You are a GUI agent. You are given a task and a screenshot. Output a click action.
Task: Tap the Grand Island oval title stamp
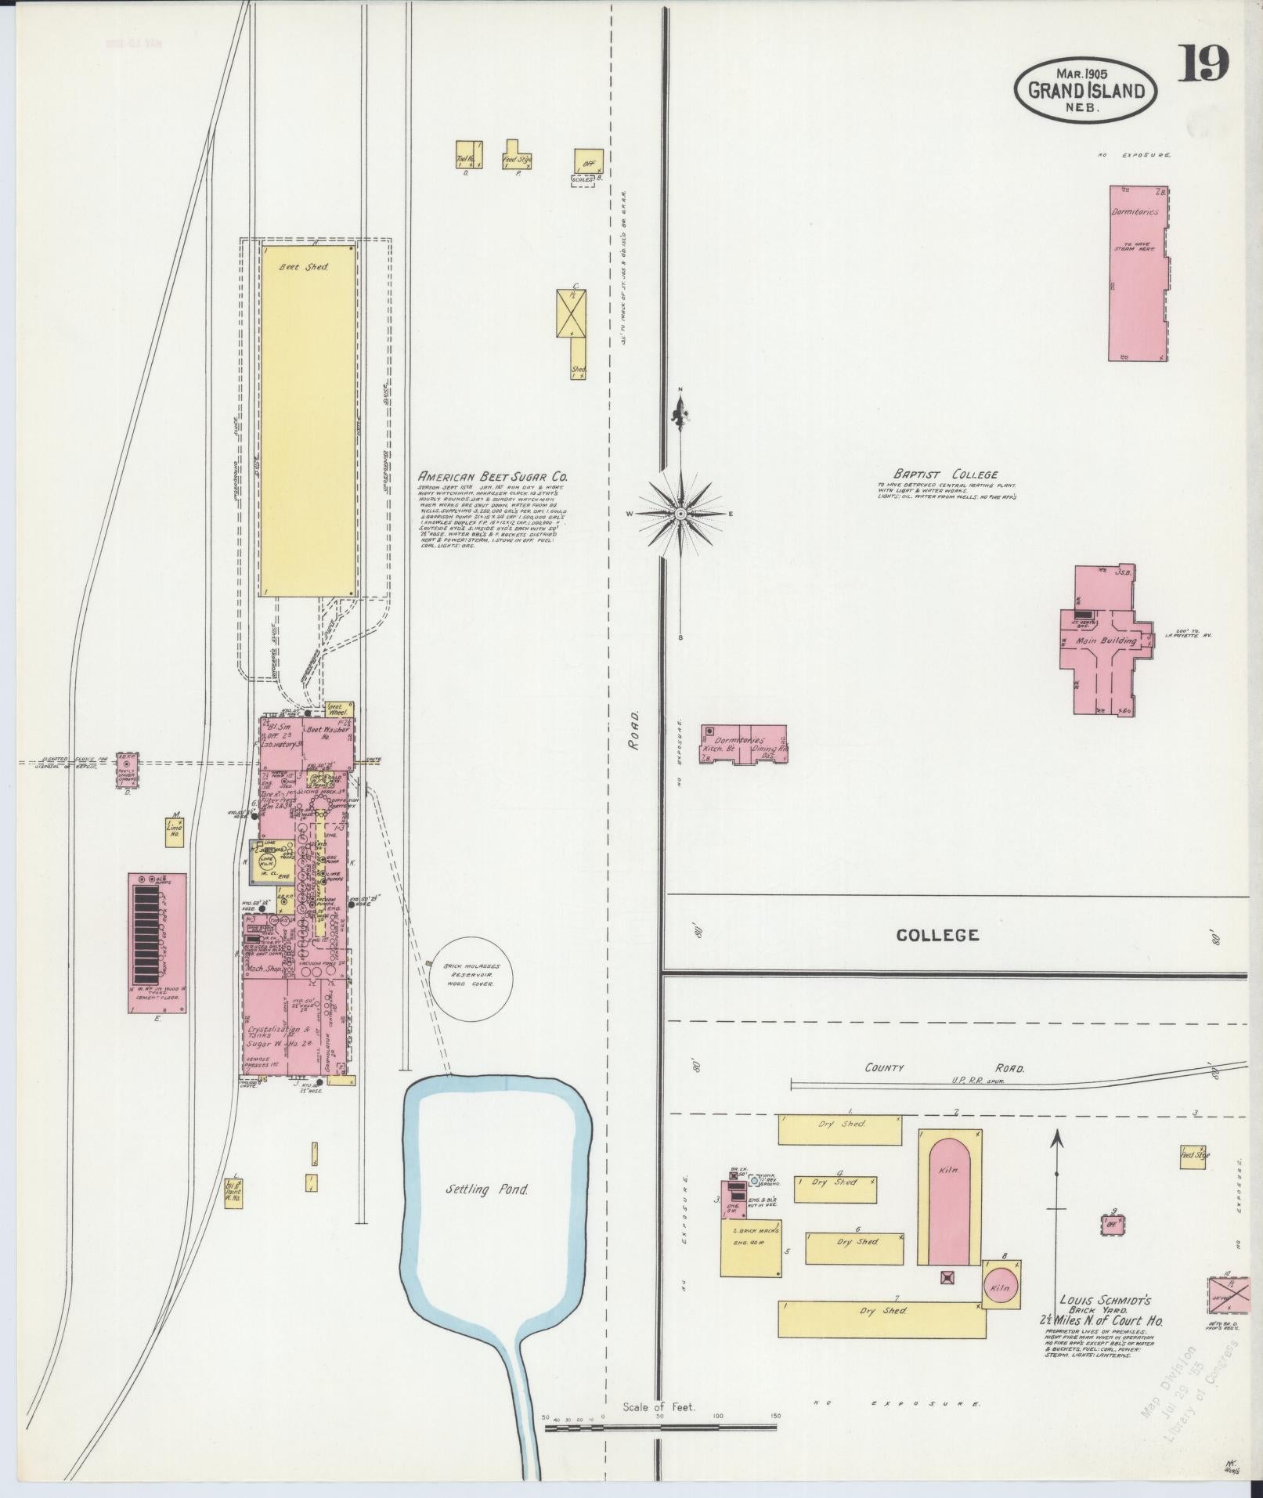(x=1086, y=90)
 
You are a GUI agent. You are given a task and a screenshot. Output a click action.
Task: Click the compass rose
(x=680, y=513)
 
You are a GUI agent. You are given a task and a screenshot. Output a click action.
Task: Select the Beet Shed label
(x=305, y=266)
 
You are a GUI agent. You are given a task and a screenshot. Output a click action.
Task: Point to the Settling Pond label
(x=487, y=1211)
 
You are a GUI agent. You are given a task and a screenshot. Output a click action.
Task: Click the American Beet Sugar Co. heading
(x=493, y=476)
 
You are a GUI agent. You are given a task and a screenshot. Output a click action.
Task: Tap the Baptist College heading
(x=946, y=474)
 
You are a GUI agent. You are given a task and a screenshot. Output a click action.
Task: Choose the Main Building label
(x=1106, y=641)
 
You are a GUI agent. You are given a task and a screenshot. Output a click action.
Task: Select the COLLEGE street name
(x=937, y=935)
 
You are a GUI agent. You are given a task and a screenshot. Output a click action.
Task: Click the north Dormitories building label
(x=1134, y=211)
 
